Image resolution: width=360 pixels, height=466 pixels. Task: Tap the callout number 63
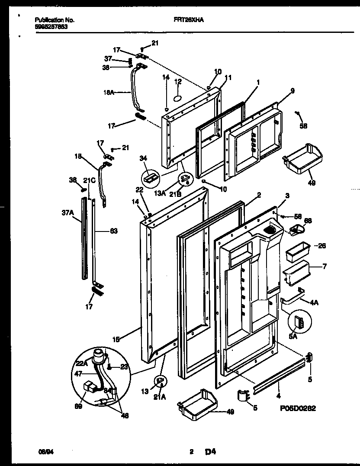coord(113,231)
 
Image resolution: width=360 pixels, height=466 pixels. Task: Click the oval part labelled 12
coord(178,99)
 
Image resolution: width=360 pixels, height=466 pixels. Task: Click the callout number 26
coord(321,246)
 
